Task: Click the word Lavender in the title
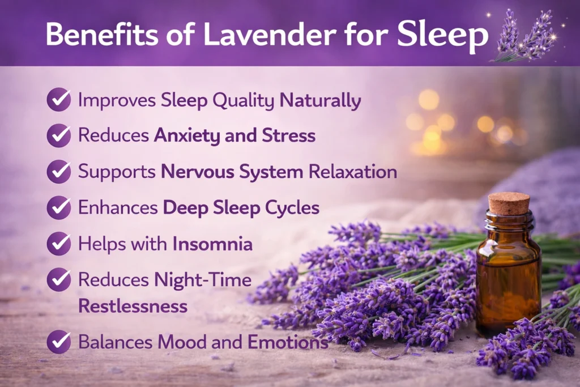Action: tap(270, 34)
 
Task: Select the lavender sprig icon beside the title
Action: tap(524, 36)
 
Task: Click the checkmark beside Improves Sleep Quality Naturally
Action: tap(59, 100)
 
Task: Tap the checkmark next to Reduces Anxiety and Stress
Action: tap(59, 135)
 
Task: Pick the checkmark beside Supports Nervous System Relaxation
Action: tap(59, 172)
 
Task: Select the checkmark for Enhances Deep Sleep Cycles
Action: tap(59, 207)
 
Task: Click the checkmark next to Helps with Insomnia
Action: tap(59, 244)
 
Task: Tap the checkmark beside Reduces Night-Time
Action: tap(59, 279)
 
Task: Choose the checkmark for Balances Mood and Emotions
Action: tap(59, 342)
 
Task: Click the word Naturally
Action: tap(320, 101)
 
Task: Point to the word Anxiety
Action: tap(187, 136)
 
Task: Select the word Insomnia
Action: tap(213, 244)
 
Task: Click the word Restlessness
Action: tap(133, 307)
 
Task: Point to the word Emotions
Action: tap(288, 342)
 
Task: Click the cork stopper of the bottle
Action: tap(509, 203)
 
